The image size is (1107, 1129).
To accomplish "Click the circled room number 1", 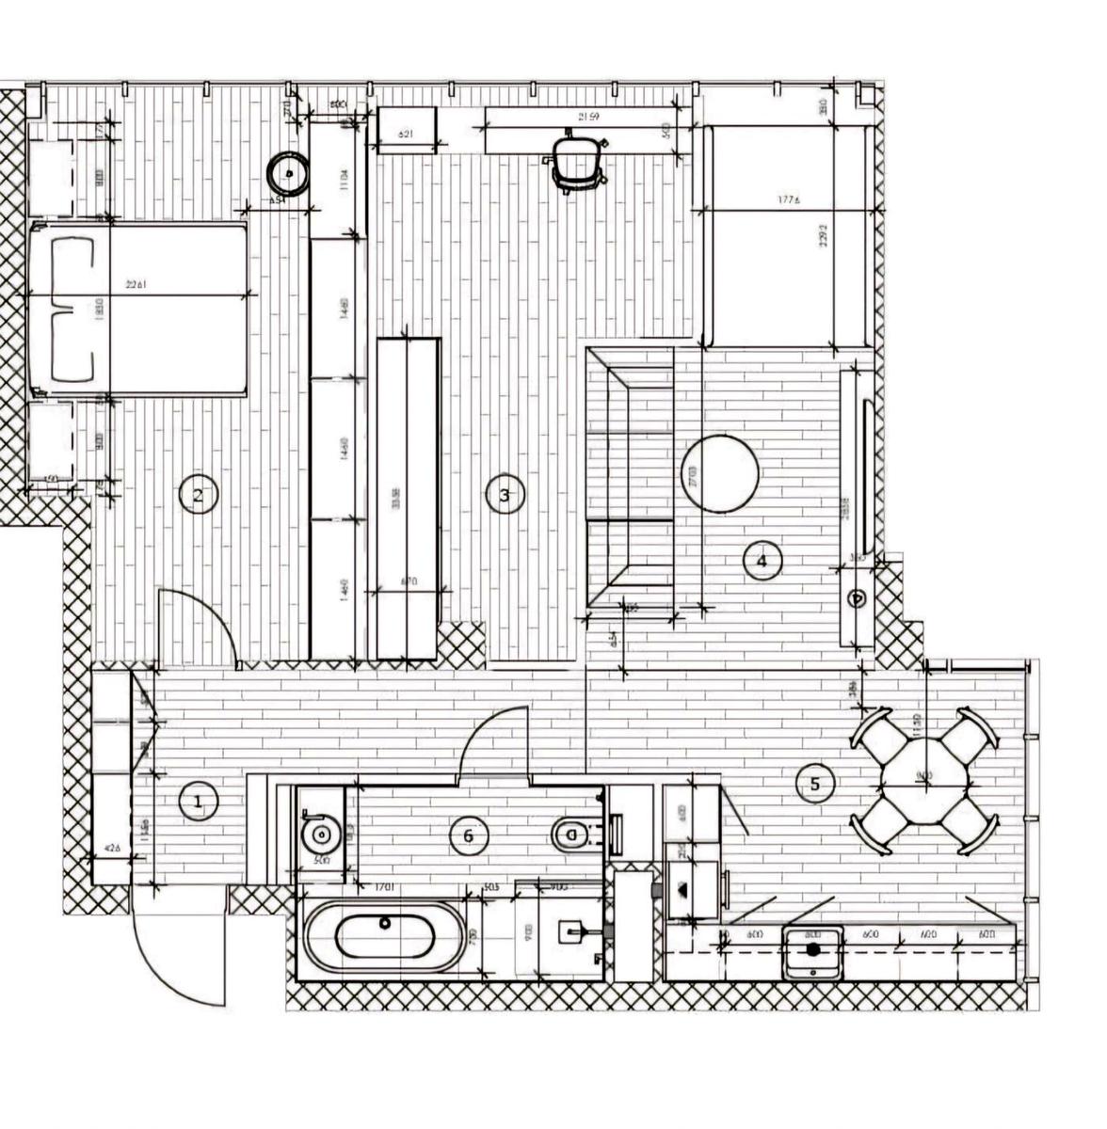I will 198,803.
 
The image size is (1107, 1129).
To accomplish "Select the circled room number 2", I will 198,495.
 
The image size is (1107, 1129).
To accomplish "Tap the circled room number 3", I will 505,495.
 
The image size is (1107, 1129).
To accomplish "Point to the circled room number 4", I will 762,562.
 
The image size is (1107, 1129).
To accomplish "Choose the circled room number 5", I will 815,783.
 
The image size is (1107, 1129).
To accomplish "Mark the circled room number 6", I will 468,835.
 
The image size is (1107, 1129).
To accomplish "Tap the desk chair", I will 575,160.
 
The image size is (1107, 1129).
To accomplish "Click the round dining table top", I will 923,778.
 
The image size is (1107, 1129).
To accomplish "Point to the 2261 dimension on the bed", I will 136,284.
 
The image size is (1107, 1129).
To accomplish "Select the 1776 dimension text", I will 789,199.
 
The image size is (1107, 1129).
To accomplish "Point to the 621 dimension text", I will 406,135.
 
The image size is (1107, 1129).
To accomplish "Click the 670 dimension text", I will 409,581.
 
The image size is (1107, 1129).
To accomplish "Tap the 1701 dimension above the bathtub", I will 383,887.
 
